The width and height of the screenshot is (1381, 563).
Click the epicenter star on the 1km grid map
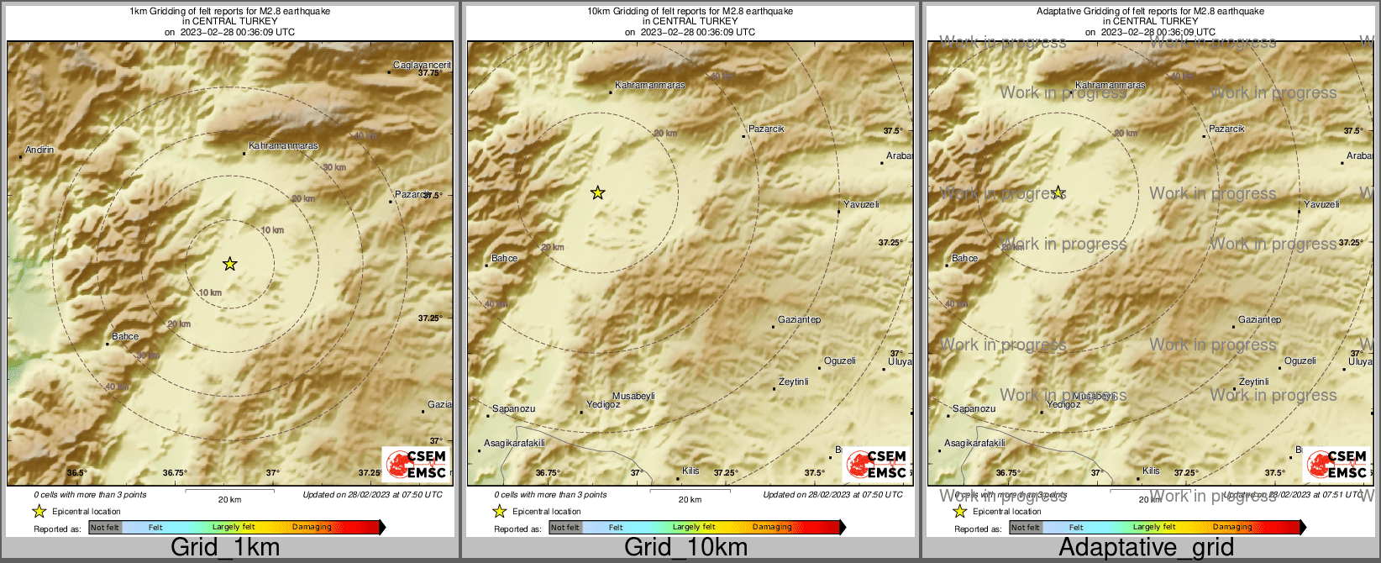229,264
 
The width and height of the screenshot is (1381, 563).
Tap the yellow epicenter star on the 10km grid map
597,193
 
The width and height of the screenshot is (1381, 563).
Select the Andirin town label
39,150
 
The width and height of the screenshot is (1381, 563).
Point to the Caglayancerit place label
422,65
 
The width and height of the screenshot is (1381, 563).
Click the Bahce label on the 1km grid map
125,336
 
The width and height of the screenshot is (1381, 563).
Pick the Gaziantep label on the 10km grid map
799,319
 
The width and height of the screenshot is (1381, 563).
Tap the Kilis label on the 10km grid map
690,471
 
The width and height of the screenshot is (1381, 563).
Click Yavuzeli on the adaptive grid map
1321,204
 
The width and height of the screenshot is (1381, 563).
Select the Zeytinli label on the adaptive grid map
1253,381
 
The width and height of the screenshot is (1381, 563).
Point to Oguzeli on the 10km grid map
839,360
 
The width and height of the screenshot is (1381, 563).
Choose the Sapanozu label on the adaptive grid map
974,408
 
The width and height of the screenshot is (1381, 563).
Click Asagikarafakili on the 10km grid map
514,443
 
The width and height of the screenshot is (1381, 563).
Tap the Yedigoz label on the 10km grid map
603,404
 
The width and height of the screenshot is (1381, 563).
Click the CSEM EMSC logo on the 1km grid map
416,463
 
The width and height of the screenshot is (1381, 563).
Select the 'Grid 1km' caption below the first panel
225,548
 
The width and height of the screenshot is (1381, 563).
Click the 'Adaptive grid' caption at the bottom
1146,548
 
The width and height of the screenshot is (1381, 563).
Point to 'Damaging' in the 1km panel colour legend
312,527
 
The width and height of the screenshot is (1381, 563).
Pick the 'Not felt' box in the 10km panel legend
564,527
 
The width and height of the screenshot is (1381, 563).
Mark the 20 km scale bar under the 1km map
229,491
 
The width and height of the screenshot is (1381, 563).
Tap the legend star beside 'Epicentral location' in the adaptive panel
959,511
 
